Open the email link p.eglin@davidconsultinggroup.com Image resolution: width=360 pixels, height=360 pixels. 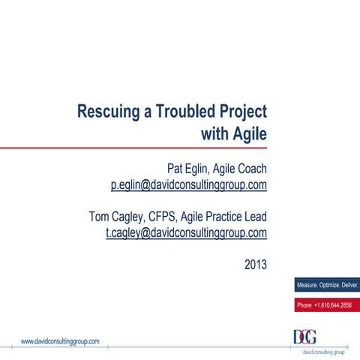click(x=189, y=184)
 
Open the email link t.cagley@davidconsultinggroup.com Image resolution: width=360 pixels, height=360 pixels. click(x=187, y=233)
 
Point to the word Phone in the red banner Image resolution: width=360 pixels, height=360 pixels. click(x=304, y=305)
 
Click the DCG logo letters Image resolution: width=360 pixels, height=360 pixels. click(x=304, y=337)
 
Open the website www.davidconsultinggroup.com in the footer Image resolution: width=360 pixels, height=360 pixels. click(x=60, y=340)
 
